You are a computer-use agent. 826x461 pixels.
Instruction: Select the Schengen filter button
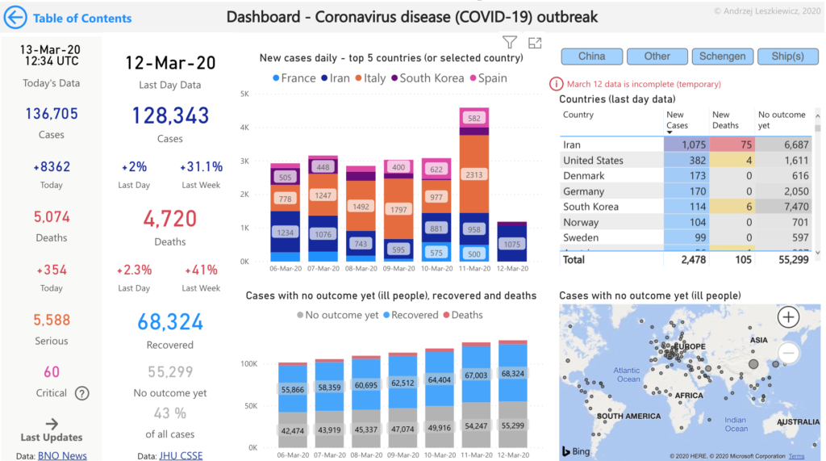(x=723, y=57)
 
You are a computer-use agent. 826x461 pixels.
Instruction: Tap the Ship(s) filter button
(x=788, y=57)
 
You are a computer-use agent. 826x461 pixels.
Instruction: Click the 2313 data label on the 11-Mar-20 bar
(x=474, y=174)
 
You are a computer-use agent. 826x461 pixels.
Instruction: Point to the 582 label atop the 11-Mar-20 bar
(x=474, y=118)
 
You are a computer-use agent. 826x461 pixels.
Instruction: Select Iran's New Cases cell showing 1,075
(x=686, y=145)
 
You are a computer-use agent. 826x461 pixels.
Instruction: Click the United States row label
(x=593, y=161)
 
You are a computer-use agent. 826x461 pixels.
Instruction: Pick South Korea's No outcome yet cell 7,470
(x=784, y=207)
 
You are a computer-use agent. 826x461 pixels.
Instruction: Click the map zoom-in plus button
(x=788, y=317)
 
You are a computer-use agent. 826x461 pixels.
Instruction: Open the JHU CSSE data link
(x=181, y=455)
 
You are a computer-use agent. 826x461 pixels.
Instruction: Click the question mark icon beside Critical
(x=82, y=393)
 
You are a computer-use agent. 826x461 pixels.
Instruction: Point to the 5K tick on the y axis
(x=244, y=94)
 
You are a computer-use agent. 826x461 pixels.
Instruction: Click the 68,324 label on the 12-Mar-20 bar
(x=513, y=374)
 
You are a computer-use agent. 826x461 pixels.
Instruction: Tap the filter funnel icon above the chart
(x=509, y=43)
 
